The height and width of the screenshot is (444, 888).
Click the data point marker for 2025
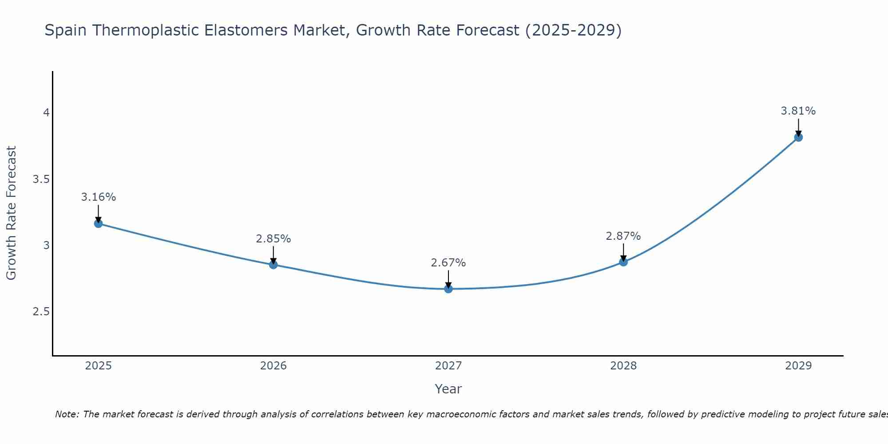coord(99,223)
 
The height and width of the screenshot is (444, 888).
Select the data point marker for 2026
coord(274,265)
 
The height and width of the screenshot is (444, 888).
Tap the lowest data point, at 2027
coord(448,289)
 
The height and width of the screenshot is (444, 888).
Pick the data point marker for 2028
coord(623,262)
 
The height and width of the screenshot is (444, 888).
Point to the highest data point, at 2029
coord(798,137)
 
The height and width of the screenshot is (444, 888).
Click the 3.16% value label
coord(99,197)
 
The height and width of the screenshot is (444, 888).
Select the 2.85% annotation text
coord(274,238)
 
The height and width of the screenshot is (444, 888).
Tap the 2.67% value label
coord(448,262)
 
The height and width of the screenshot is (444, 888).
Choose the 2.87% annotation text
coord(623,236)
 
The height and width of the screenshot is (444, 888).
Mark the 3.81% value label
coord(798,111)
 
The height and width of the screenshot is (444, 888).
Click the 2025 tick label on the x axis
coord(99,366)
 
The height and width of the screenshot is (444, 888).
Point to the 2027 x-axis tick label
coord(448,366)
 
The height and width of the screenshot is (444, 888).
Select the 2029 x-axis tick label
coord(798,366)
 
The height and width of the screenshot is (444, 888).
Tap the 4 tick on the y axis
coord(46,113)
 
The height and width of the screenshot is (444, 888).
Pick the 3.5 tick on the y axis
coord(41,179)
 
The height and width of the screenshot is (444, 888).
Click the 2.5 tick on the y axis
coord(41,312)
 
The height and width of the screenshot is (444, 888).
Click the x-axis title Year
coord(448,389)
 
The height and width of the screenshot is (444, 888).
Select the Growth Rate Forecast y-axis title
coord(12,213)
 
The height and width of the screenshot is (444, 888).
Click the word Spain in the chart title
coord(66,30)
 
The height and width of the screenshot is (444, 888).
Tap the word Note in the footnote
coord(67,414)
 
